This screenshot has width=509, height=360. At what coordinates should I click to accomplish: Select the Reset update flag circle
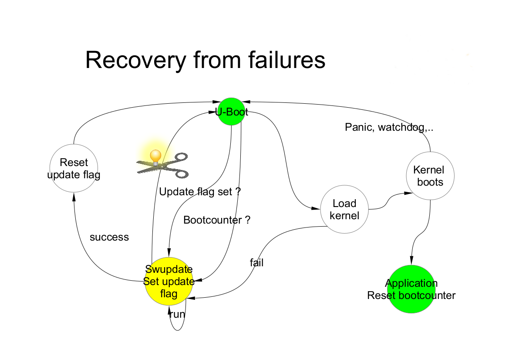coord(74,169)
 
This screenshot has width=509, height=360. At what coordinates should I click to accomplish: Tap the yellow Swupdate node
coord(169,282)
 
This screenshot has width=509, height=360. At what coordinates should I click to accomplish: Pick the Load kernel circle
coord(344,210)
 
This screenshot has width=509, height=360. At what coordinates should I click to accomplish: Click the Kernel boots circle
coord(430,176)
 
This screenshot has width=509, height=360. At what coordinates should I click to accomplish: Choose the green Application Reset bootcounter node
coord(411,289)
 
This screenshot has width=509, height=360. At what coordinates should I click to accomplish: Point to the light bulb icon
coord(155,156)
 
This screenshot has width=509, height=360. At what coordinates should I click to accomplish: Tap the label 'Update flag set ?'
coord(200,192)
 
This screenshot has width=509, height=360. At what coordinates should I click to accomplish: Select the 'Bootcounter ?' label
coord(217,220)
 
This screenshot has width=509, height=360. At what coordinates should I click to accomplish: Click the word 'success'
coord(109,238)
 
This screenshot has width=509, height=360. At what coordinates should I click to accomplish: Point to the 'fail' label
coord(256,263)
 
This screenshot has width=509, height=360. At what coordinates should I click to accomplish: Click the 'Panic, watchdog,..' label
coord(389,127)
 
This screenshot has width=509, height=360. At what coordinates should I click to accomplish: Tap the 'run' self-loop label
coord(177,314)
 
